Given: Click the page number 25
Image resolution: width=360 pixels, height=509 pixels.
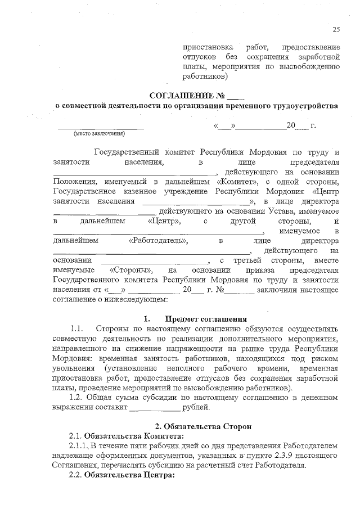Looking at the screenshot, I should tap(336, 30).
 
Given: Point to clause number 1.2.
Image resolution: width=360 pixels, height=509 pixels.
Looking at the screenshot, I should tap(76, 398).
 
